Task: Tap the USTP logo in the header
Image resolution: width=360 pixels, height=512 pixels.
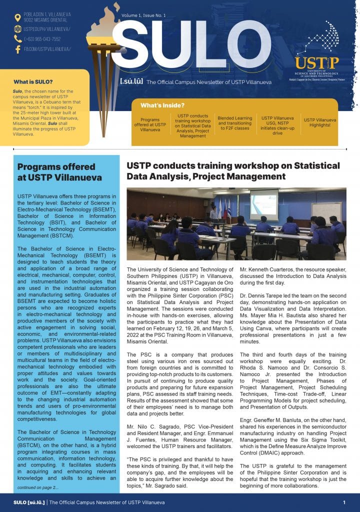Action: click(x=316, y=62)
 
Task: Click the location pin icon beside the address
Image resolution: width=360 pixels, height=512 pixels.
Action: click(x=17, y=18)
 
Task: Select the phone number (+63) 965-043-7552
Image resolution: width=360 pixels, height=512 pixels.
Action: click(x=42, y=39)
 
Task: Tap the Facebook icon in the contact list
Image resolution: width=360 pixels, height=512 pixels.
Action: click(x=17, y=49)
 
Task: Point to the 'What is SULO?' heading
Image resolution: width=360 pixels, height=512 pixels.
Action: click(x=33, y=81)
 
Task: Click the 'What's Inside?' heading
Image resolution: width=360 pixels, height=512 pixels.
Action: click(x=162, y=105)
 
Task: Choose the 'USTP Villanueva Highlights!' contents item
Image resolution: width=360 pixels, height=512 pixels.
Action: click(x=320, y=122)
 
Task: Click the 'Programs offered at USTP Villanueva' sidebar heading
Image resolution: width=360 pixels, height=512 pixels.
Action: click(x=59, y=172)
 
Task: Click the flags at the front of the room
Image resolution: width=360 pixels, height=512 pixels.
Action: click(x=222, y=207)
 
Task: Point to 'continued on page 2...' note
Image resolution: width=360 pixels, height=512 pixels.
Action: click(x=37, y=487)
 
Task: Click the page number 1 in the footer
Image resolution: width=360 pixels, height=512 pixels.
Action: click(x=344, y=502)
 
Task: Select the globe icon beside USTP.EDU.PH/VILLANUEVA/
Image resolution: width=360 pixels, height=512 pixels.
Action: click(x=17, y=29)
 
